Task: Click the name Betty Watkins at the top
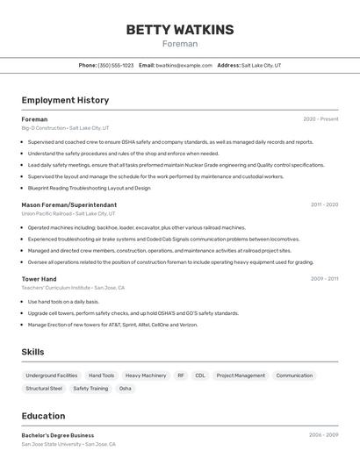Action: [x=180, y=29]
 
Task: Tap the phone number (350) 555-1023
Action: [x=116, y=65]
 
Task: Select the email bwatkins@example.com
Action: [x=184, y=65]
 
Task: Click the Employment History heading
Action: [x=65, y=100]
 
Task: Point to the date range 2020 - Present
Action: [x=320, y=119]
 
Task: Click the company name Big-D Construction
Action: [x=43, y=128]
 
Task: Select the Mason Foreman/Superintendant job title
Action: [x=68, y=204]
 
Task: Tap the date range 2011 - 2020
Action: [x=324, y=204]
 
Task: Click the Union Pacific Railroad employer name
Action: [x=46, y=213]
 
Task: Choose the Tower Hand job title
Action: [x=39, y=279]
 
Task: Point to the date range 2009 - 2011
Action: [x=324, y=279]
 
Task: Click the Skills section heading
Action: [x=32, y=352]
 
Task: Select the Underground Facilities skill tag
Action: [x=52, y=376]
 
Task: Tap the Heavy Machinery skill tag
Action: [x=146, y=376]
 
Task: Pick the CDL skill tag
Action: [x=200, y=376]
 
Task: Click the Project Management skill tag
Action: [x=241, y=376]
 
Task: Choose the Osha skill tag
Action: [x=126, y=389]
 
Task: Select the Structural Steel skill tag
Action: [x=44, y=389]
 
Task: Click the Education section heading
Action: [x=43, y=416]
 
